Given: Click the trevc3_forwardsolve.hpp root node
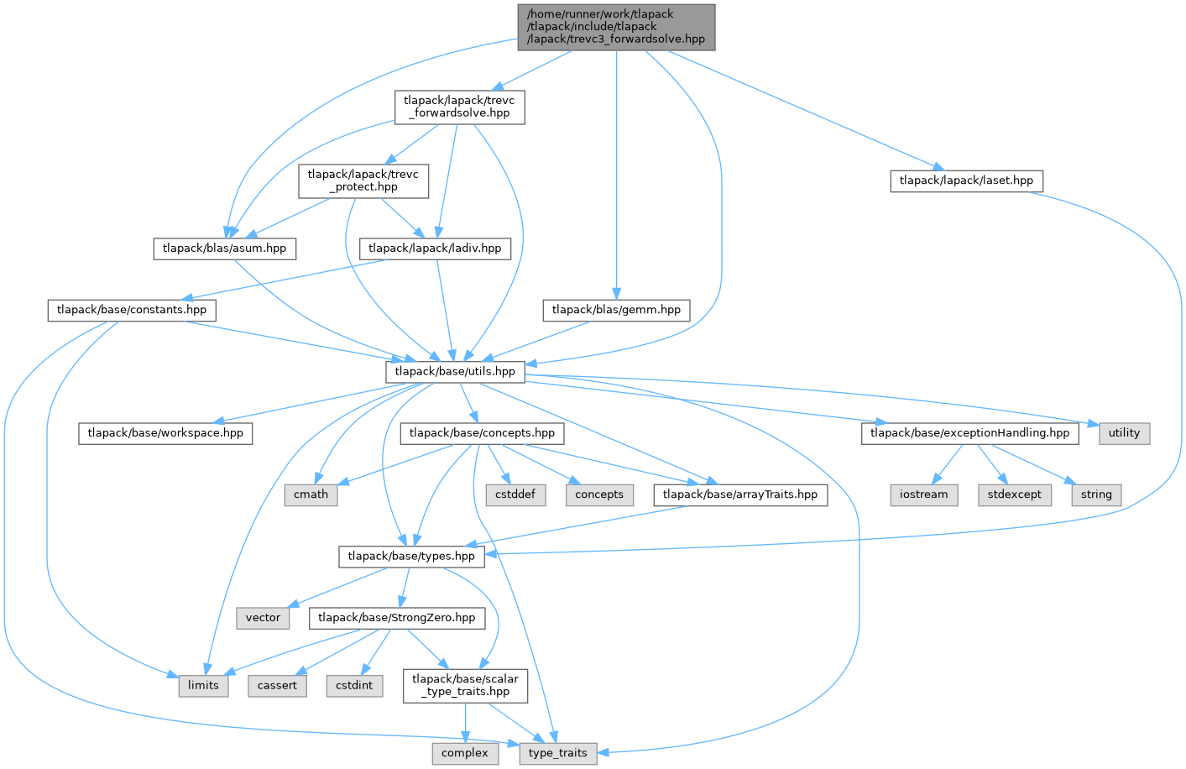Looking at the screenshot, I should pos(616,27).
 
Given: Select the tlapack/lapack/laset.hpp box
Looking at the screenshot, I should pos(966,180).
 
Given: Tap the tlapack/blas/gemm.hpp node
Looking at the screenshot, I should pos(616,310).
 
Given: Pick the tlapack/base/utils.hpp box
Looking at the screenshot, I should pos(455,371).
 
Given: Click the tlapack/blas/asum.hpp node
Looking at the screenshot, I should pos(224,248).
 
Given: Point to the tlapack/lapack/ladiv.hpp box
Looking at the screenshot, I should pos(435,248).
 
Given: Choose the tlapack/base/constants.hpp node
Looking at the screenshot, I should pos(132,310).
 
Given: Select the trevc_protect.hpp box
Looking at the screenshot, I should pos(363,180).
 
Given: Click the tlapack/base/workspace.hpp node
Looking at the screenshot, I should pos(165,433).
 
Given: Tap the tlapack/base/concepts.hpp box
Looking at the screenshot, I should pos(482,433).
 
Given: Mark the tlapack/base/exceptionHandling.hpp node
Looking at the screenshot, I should pos(969,433).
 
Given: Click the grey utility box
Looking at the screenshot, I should pos(1124,433).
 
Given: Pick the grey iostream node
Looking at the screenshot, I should pos(923,494).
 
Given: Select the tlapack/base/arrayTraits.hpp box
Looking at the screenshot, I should pos(739,494).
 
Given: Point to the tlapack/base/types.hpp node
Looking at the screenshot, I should pos(411,556).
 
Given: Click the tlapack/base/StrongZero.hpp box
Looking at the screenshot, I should pos(397,618).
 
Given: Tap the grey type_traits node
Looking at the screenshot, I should pos(558,753).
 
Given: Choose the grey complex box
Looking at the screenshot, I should pos(465,753).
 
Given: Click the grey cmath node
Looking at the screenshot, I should pos(311,494).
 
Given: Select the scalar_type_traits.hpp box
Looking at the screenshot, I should pos(465,685).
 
